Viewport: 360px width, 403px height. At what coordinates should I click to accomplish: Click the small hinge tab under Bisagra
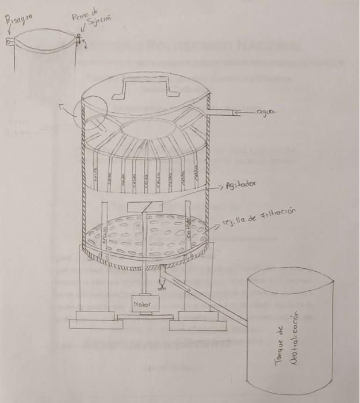coord(10,41)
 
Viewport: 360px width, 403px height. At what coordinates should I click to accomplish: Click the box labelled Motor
coord(141,303)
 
